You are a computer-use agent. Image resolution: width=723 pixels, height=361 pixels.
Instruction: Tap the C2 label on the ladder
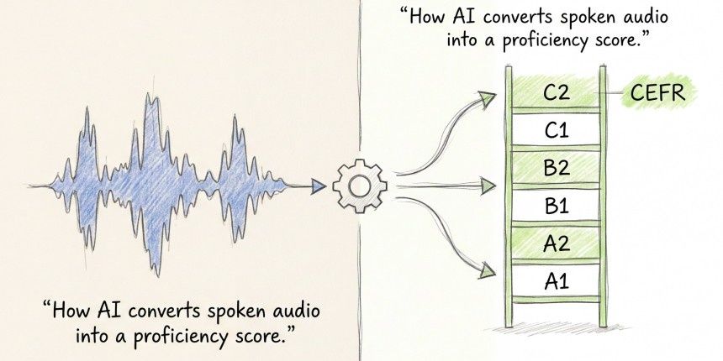pyautogui.click(x=556, y=93)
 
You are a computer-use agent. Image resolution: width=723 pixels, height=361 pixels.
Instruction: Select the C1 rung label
pyautogui.click(x=556, y=130)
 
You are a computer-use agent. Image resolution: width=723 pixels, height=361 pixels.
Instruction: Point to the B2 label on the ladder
pyautogui.click(x=556, y=168)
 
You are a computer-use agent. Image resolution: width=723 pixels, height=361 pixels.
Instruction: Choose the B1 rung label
pyautogui.click(x=556, y=206)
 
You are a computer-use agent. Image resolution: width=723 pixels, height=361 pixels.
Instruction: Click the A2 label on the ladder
pyautogui.click(x=556, y=243)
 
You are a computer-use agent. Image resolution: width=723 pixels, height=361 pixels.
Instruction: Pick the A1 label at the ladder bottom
pyautogui.click(x=556, y=281)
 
